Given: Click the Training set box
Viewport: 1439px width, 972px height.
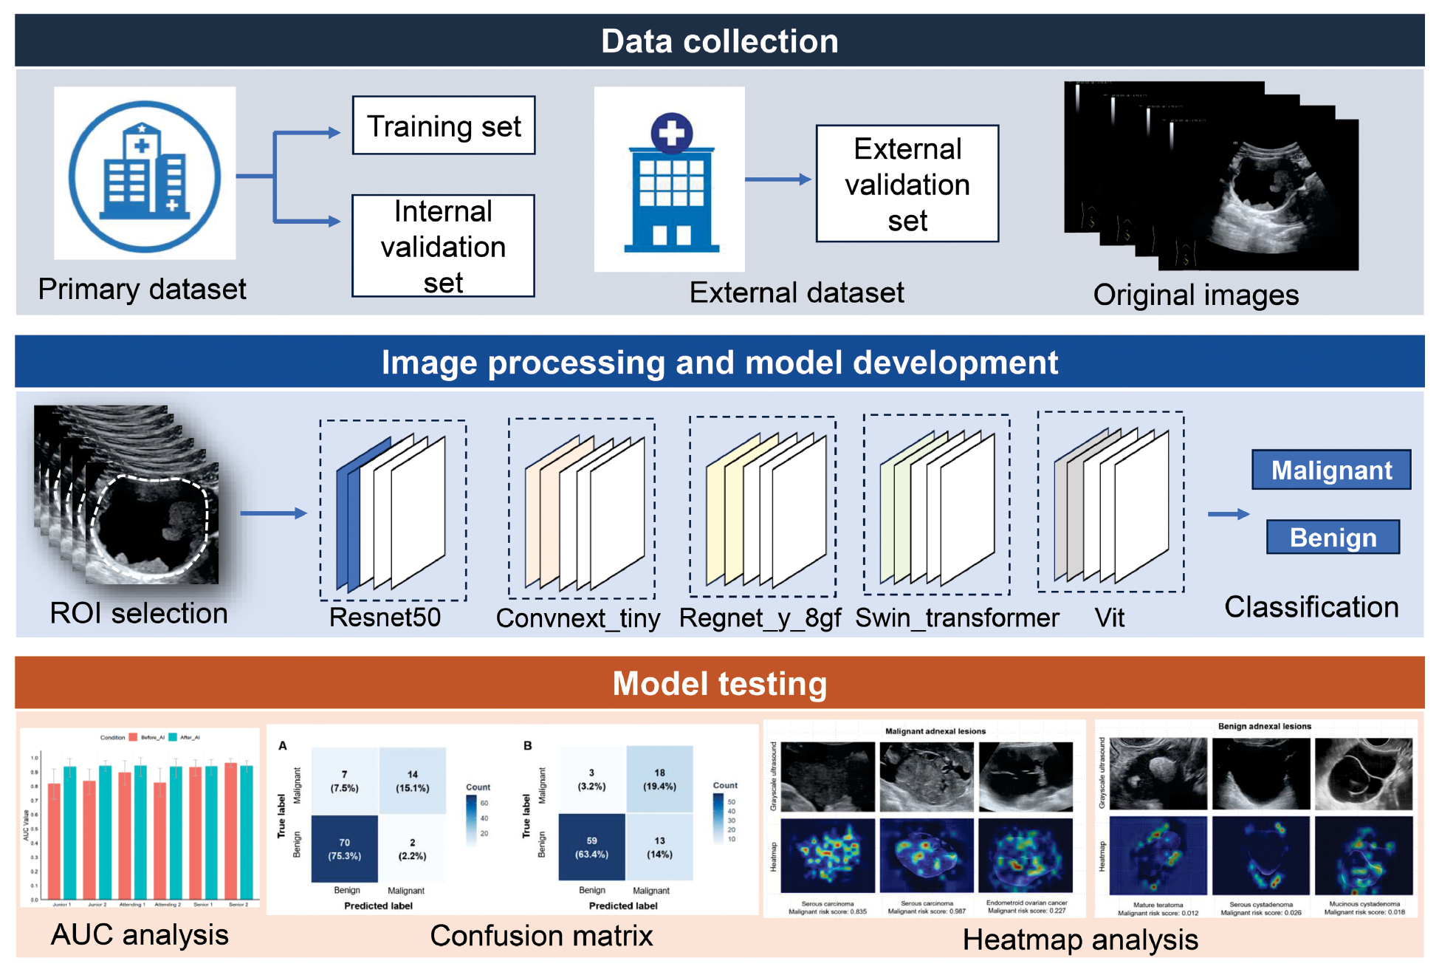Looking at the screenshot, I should pyautogui.click(x=444, y=126).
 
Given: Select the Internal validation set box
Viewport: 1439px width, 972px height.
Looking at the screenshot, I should pyautogui.click(x=443, y=246).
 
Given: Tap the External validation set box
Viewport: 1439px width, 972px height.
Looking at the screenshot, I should pyautogui.click(x=907, y=184).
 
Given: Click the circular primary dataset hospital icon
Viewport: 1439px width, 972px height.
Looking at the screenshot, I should pyautogui.click(x=145, y=176).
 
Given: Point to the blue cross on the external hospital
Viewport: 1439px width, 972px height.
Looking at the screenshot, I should pyautogui.click(x=671, y=133).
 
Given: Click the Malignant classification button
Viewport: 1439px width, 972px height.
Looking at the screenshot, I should pyautogui.click(x=1330, y=470).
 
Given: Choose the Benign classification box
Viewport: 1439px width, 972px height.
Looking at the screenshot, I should pyautogui.click(x=1333, y=537).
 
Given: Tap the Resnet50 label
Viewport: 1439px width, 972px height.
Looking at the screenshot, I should pyautogui.click(x=385, y=617).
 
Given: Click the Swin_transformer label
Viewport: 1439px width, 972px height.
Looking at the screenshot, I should pyautogui.click(x=957, y=617).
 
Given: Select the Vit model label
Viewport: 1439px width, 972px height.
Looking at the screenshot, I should pyautogui.click(x=1109, y=617).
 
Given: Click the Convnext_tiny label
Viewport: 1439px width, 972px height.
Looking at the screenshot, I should pyautogui.click(x=577, y=617).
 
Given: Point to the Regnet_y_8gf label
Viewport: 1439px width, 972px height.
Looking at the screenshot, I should pyautogui.click(x=760, y=617).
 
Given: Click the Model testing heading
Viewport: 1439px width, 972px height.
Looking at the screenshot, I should pyautogui.click(x=719, y=683).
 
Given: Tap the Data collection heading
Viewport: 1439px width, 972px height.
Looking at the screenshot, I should pyautogui.click(x=719, y=41).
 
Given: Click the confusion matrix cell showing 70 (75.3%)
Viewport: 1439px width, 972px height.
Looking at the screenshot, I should pyautogui.click(x=345, y=849).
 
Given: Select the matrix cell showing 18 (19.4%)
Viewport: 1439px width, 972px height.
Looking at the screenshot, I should pyautogui.click(x=659, y=779).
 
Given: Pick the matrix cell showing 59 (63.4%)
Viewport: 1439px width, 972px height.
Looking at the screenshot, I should pyautogui.click(x=591, y=847).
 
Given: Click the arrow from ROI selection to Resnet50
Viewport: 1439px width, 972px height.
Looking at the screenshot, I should pyautogui.click(x=273, y=513).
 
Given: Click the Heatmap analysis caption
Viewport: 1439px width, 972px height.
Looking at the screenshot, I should pyautogui.click(x=1079, y=940).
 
